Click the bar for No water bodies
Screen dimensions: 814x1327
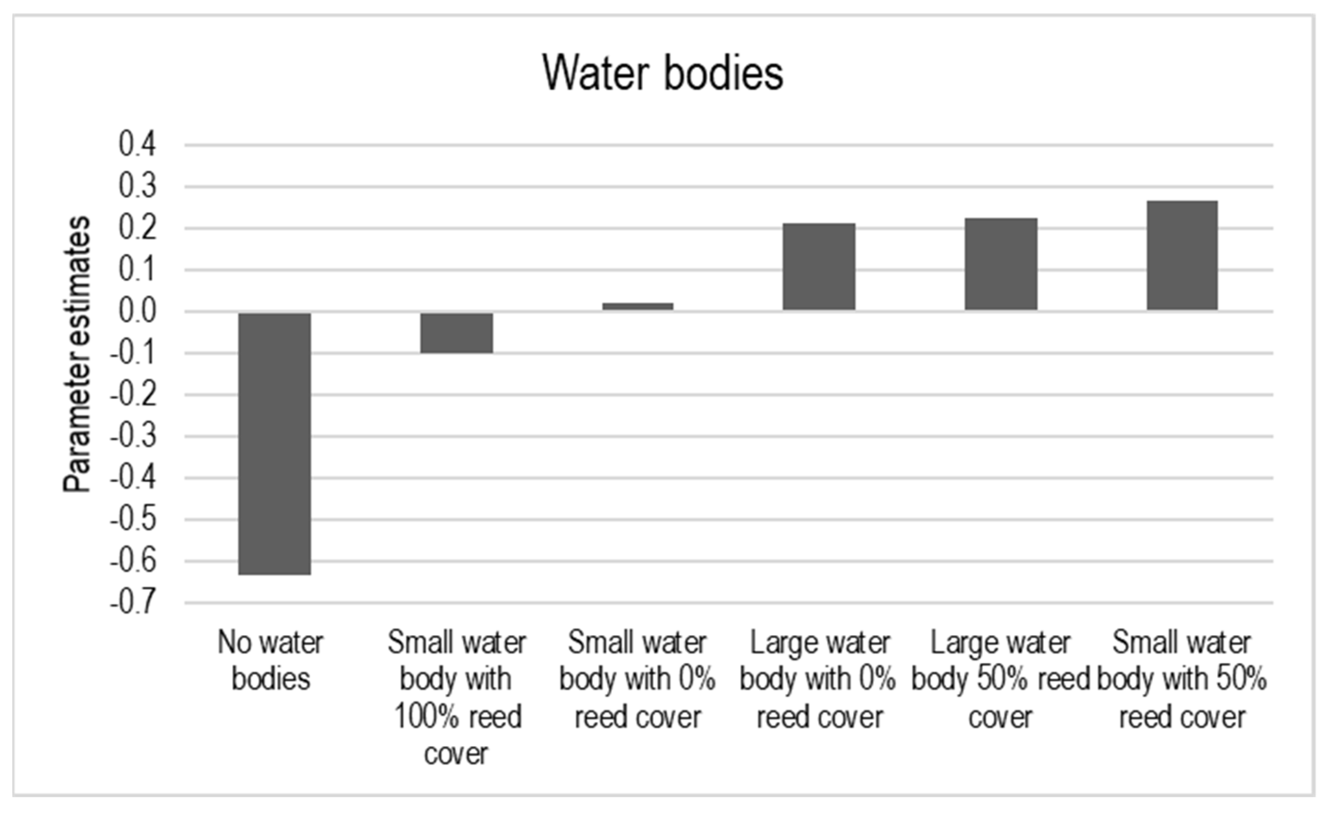coord(275,443)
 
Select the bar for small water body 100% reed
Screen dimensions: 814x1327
coord(456,332)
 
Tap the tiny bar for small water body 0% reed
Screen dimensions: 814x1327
coord(638,306)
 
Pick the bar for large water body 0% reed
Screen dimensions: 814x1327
coord(818,267)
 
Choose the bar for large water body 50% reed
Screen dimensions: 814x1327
coord(1001,264)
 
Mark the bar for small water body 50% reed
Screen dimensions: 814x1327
coord(1182,255)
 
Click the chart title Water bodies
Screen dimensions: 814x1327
coord(662,73)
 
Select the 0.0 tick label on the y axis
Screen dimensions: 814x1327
coord(137,311)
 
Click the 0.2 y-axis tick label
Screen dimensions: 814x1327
coord(137,229)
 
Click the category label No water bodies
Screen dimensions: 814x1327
coord(271,661)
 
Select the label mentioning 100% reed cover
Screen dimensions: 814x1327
coord(457,697)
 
